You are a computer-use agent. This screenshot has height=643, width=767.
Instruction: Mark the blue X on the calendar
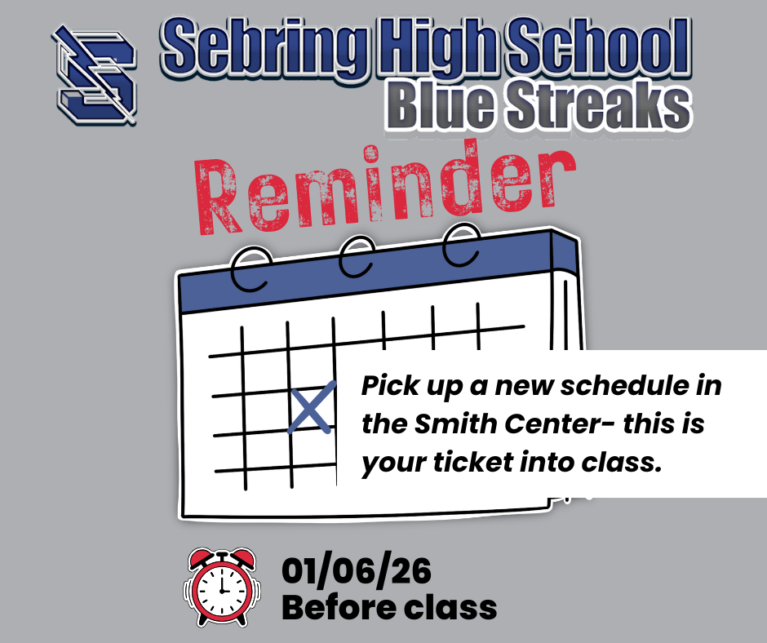(311, 406)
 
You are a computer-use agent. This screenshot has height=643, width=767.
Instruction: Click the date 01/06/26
(356, 571)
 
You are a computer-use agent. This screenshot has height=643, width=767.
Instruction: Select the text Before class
(388, 608)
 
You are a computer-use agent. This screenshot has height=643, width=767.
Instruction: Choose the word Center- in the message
(559, 425)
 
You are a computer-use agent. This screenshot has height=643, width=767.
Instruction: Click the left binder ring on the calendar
(250, 269)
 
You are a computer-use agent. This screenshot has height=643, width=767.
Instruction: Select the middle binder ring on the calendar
(355, 259)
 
